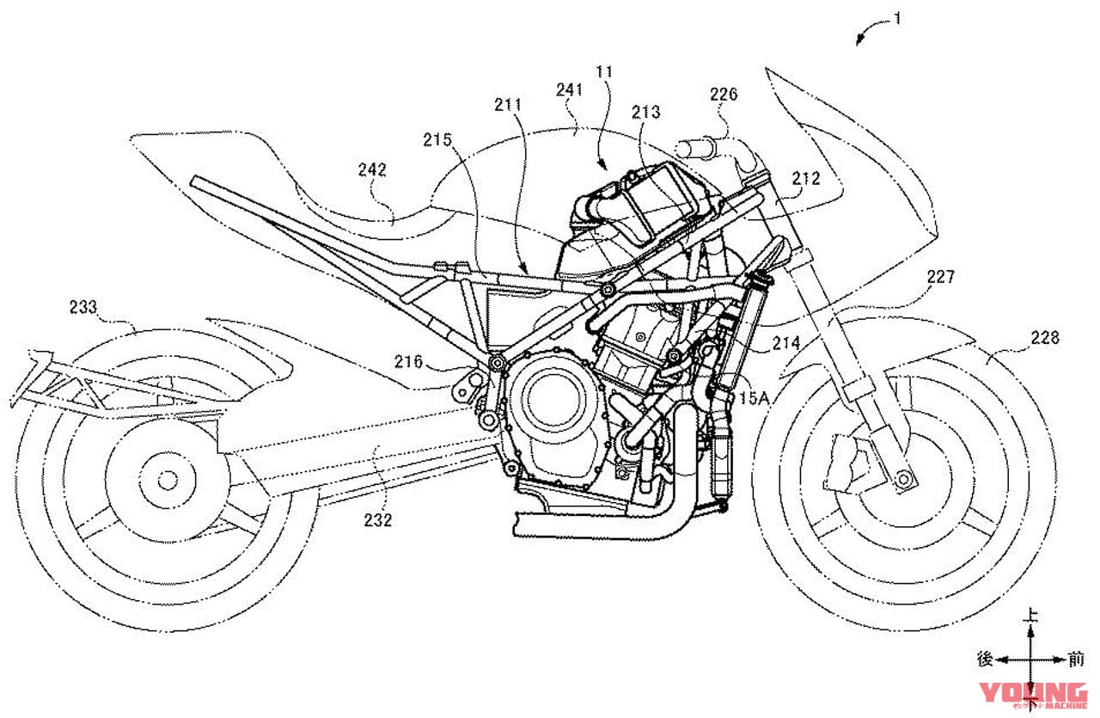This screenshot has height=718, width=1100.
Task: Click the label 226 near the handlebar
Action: click(x=723, y=95)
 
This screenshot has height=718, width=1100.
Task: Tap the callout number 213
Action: click(x=645, y=112)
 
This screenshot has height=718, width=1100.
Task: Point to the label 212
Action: click(x=806, y=180)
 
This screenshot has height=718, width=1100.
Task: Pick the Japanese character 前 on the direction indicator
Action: click(x=1076, y=660)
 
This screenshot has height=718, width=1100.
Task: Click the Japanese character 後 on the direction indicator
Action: click(x=986, y=660)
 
